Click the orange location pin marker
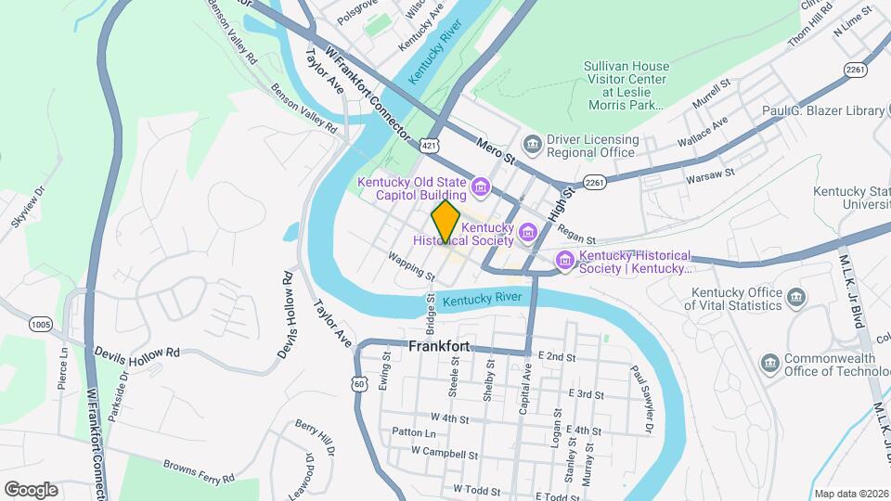[x=446, y=221]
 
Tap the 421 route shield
[x=428, y=146]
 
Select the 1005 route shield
[x=40, y=324]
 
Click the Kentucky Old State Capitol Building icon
[x=481, y=188]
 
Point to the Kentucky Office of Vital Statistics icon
[x=795, y=298]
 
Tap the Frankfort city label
[x=440, y=346]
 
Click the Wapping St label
[x=411, y=267]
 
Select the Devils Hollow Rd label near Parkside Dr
[x=136, y=353]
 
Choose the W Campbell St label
[x=445, y=455]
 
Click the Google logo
[x=31, y=489]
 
